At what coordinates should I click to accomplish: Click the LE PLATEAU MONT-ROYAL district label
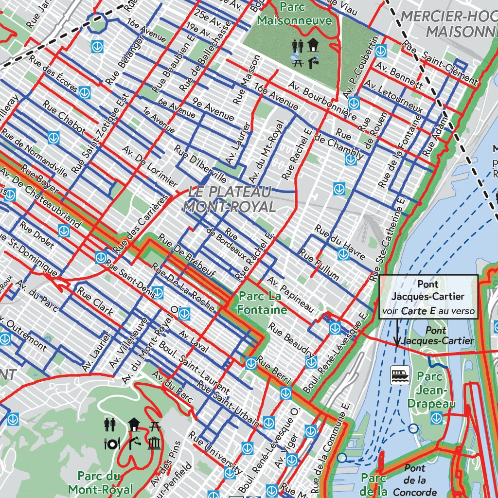(x=229, y=199)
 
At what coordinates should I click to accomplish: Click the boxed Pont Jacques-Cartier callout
(x=428, y=297)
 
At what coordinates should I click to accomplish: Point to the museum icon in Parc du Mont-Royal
(x=154, y=443)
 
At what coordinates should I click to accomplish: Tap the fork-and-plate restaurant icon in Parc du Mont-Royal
(x=112, y=443)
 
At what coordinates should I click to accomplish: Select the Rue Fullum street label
(x=319, y=265)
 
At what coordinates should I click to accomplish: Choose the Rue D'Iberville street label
(x=200, y=163)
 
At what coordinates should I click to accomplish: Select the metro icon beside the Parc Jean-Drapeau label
(x=436, y=417)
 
